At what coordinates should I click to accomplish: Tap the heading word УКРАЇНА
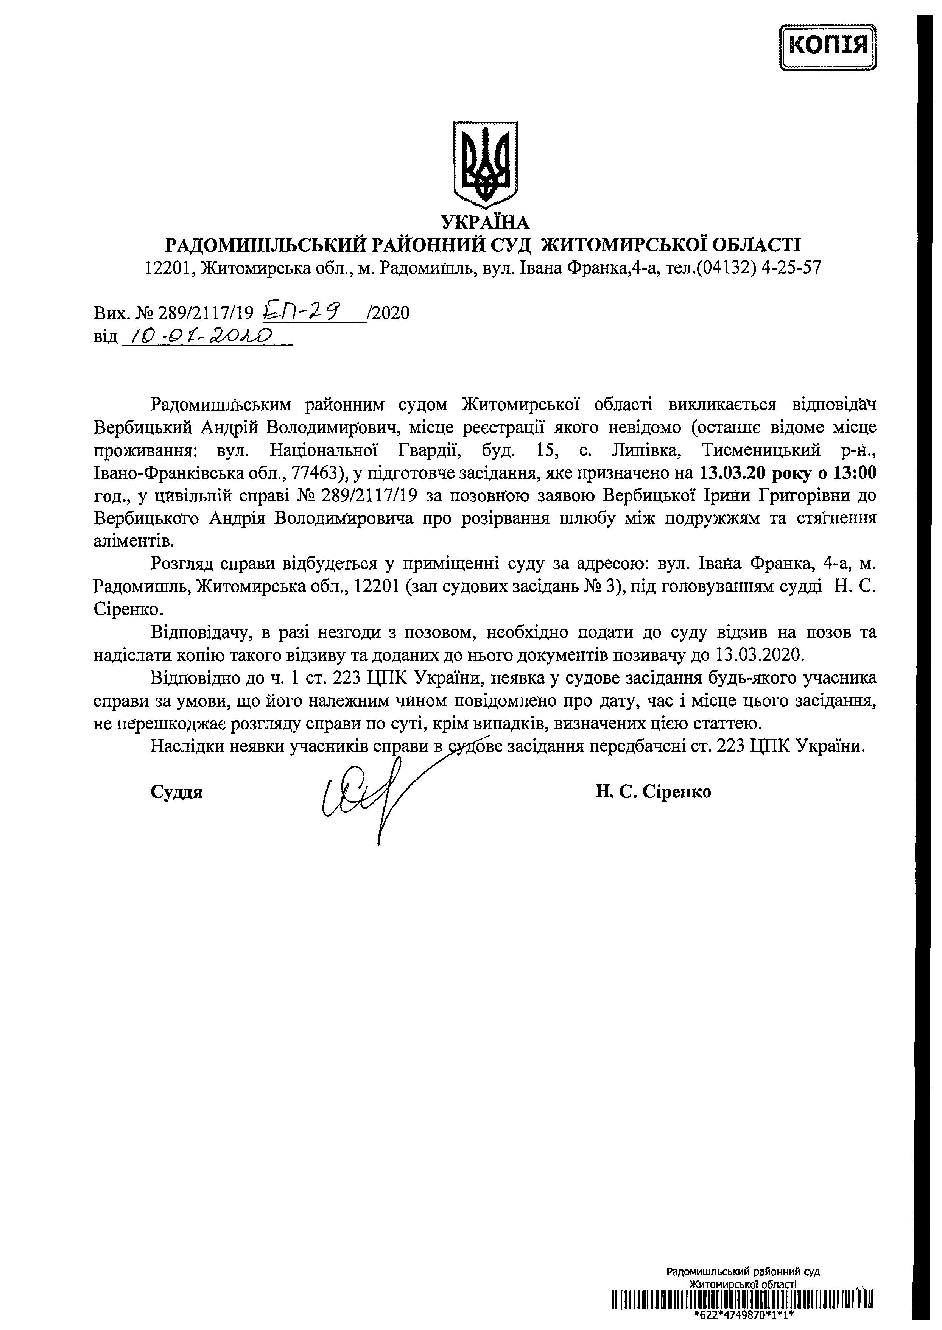click(485, 222)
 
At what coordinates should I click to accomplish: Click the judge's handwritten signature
click(366, 797)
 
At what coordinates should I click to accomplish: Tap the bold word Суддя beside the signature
click(176, 792)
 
